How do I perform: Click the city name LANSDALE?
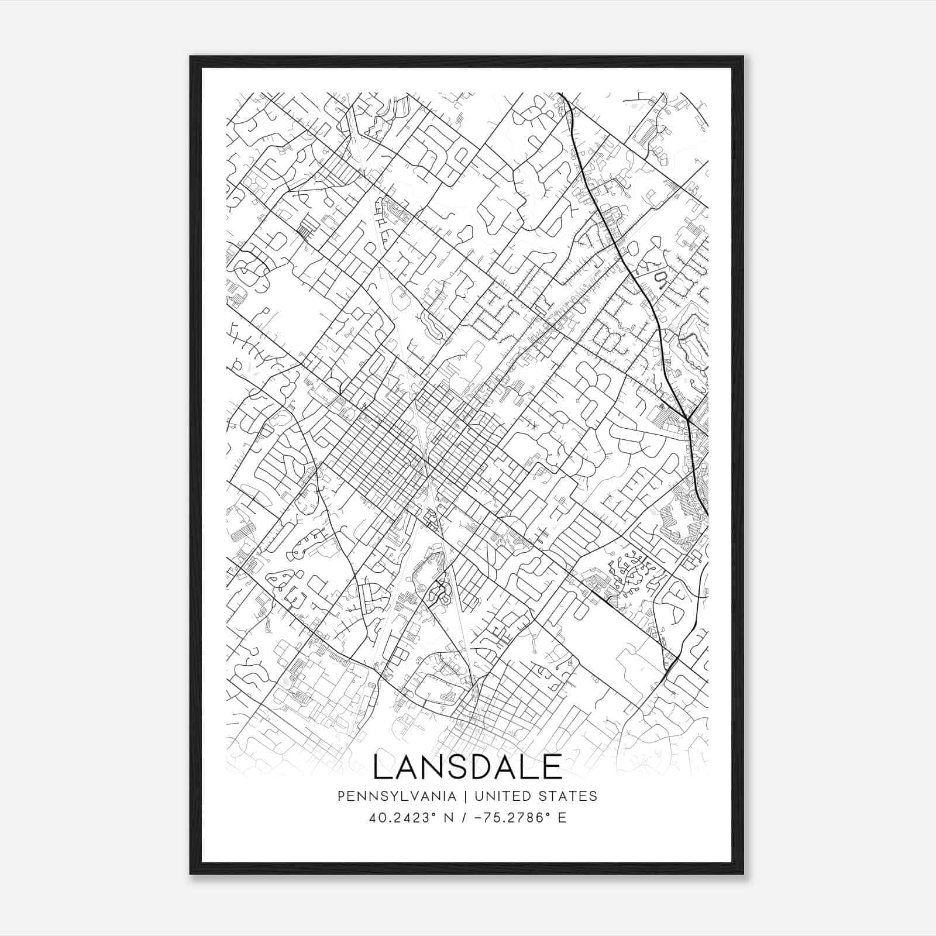click(x=467, y=767)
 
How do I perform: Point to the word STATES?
click(x=569, y=796)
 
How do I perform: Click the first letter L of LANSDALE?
click(x=381, y=767)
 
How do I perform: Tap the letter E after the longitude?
click(x=562, y=818)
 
